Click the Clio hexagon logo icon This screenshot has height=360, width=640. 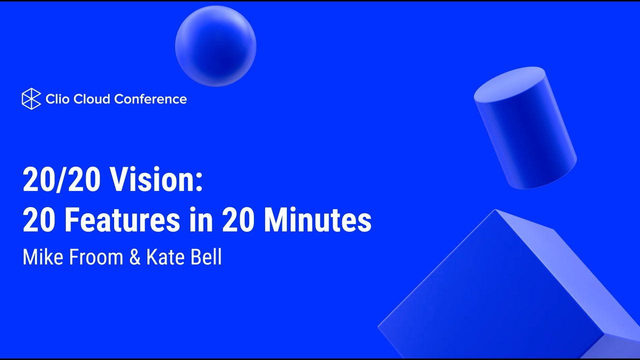click(x=31, y=99)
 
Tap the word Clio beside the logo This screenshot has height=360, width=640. click(x=57, y=99)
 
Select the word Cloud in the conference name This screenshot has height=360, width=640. click(x=92, y=99)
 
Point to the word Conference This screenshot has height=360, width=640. click(x=150, y=99)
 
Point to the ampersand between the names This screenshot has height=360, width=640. click(x=135, y=257)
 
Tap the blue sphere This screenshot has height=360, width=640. click(x=215, y=46)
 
